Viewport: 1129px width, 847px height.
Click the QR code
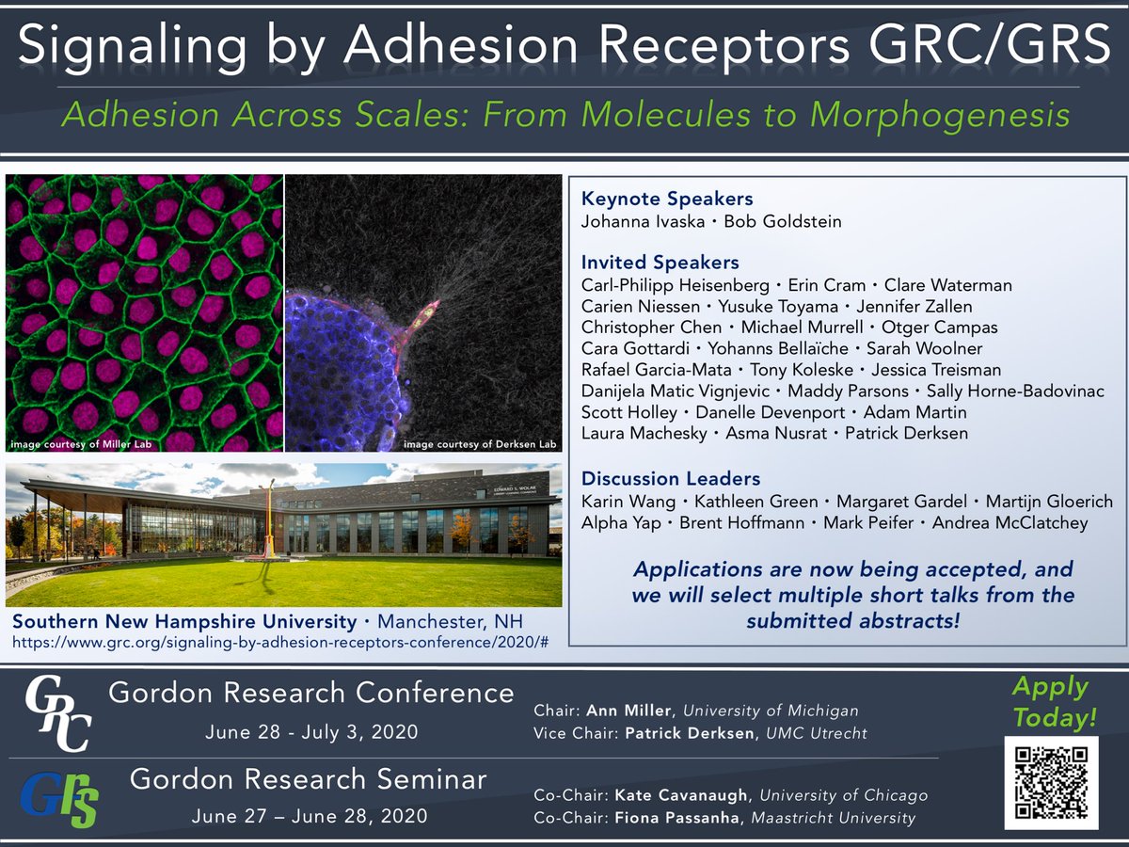coord(1051,783)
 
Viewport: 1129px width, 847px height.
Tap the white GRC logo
coord(58,713)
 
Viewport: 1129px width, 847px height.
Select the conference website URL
coord(280,643)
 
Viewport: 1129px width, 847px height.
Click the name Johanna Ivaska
coord(643,222)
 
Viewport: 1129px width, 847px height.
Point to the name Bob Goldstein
coord(783,222)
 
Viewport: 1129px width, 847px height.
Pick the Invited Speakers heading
coord(660,263)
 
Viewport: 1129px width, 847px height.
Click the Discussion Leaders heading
coord(671,479)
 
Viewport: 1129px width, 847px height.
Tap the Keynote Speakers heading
coord(667,199)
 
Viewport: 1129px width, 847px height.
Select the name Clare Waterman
coord(948,285)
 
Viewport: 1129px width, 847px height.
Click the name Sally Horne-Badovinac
coord(1015,391)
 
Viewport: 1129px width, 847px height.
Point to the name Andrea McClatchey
coord(1010,522)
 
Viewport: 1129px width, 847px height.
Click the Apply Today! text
coord(1054,702)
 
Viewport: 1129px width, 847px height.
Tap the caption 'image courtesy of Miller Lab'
coord(81,444)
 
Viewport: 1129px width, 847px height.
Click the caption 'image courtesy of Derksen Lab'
coord(480,444)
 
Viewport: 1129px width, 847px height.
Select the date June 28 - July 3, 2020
coord(311,732)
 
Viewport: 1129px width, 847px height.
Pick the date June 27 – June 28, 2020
coord(310,816)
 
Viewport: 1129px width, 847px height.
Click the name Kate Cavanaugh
coord(681,795)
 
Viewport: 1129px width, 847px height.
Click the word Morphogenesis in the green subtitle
coord(940,115)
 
